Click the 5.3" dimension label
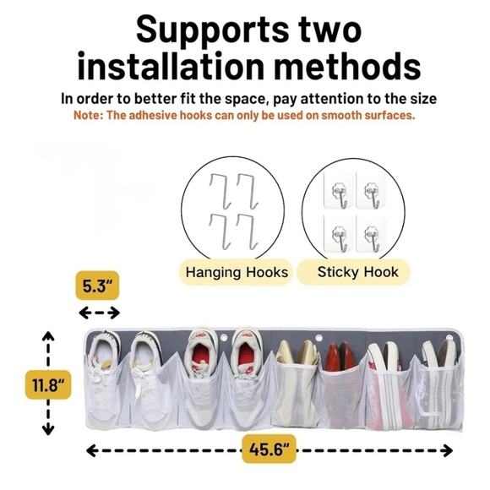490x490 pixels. [97, 286]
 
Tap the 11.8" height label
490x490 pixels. [48, 384]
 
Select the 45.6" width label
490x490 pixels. [269, 449]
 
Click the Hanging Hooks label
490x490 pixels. [237, 272]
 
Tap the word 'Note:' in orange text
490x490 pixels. [89, 115]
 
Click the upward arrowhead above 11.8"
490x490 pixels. [48, 335]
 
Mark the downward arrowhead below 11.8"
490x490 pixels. [48, 430]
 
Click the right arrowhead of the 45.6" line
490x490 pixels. [448, 450]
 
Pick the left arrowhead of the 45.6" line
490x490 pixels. [91, 450]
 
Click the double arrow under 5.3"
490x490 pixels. [99, 313]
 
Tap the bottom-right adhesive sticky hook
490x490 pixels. [371, 234]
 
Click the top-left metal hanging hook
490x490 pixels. [220, 191]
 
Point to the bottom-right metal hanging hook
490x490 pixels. [248, 231]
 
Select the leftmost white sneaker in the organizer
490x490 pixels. [103, 379]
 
